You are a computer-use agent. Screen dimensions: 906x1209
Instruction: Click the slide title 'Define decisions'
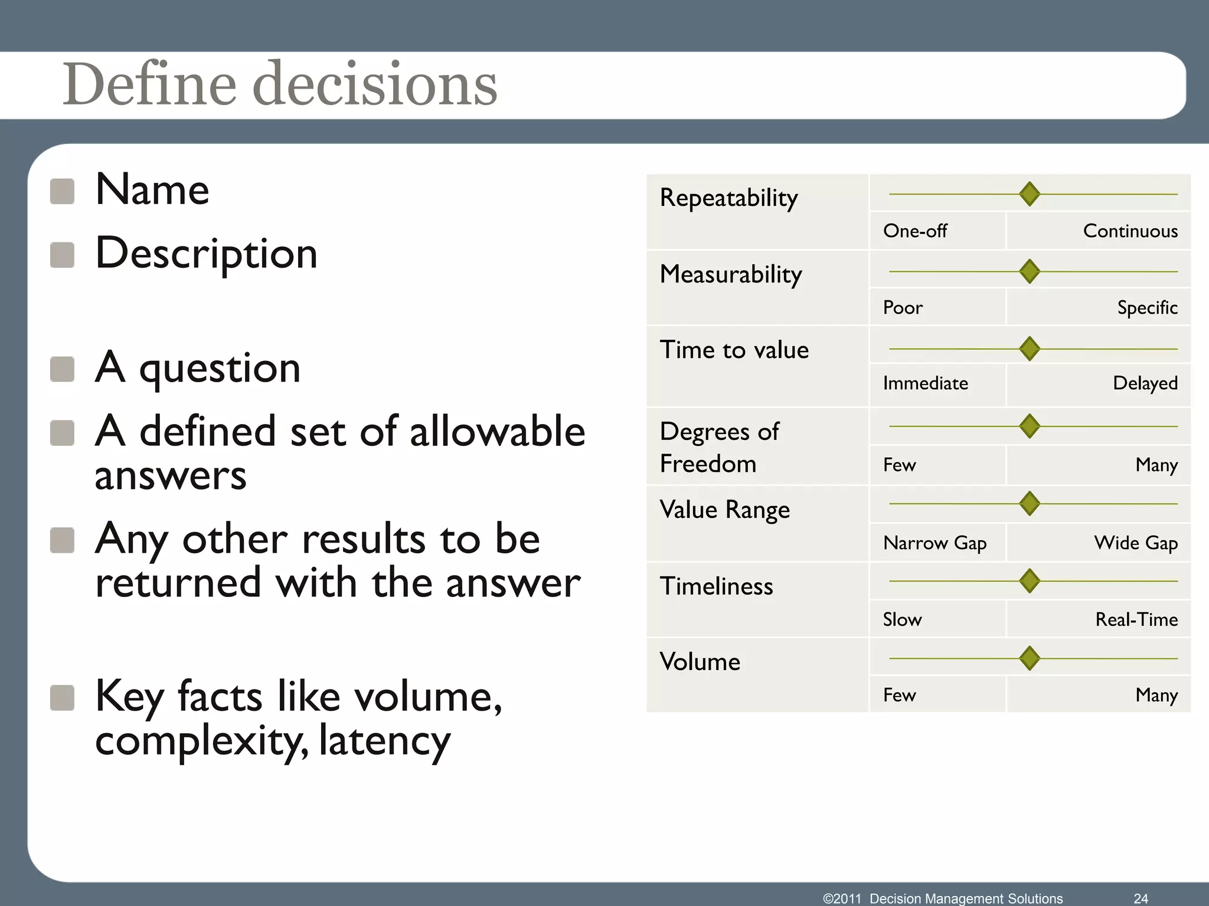(x=280, y=84)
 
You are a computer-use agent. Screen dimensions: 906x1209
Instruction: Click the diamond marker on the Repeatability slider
(x=1030, y=194)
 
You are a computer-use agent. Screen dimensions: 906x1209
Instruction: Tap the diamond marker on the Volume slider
(x=1030, y=658)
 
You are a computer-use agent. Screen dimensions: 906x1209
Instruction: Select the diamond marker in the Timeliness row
(x=1030, y=581)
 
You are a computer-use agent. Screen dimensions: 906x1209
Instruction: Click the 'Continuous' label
(x=1130, y=231)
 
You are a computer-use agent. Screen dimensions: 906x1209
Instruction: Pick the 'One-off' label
(x=914, y=231)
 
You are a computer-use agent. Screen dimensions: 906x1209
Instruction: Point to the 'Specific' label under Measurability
(x=1147, y=307)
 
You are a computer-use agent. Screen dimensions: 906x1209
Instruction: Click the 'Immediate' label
(x=925, y=383)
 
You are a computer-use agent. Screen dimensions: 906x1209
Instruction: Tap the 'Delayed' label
(x=1145, y=383)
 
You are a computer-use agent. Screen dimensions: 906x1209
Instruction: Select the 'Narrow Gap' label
(x=934, y=543)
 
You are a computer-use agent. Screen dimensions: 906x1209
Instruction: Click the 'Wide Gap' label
(x=1135, y=543)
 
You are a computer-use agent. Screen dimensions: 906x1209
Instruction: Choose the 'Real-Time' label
(x=1136, y=619)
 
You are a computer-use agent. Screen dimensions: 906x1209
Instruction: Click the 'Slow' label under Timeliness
(x=902, y=619)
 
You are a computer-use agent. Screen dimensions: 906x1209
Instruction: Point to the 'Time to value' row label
(x=734, y=350)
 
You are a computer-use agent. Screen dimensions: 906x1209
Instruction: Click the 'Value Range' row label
(x=724, y=510)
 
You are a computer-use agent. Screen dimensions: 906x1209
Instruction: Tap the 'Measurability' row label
(x=731, y=274)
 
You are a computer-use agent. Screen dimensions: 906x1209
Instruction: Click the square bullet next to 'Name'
(x=63, y=192)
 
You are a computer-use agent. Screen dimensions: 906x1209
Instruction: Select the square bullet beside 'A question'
(x=63, y=369)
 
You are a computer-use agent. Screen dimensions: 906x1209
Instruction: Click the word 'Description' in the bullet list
(x=207, y=254)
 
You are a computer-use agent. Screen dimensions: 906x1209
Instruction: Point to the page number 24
(x=1141, y=898)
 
